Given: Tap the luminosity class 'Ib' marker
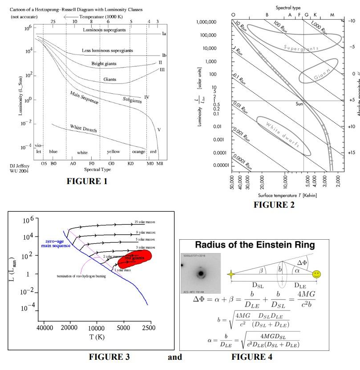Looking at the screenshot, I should click(x=164, y=55).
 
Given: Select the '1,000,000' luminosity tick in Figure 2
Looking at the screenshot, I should click(x=206, y=22).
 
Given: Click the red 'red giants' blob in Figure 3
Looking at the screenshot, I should click(x=133, y=258).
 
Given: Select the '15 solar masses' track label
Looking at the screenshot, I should click(x=146, y=222).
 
